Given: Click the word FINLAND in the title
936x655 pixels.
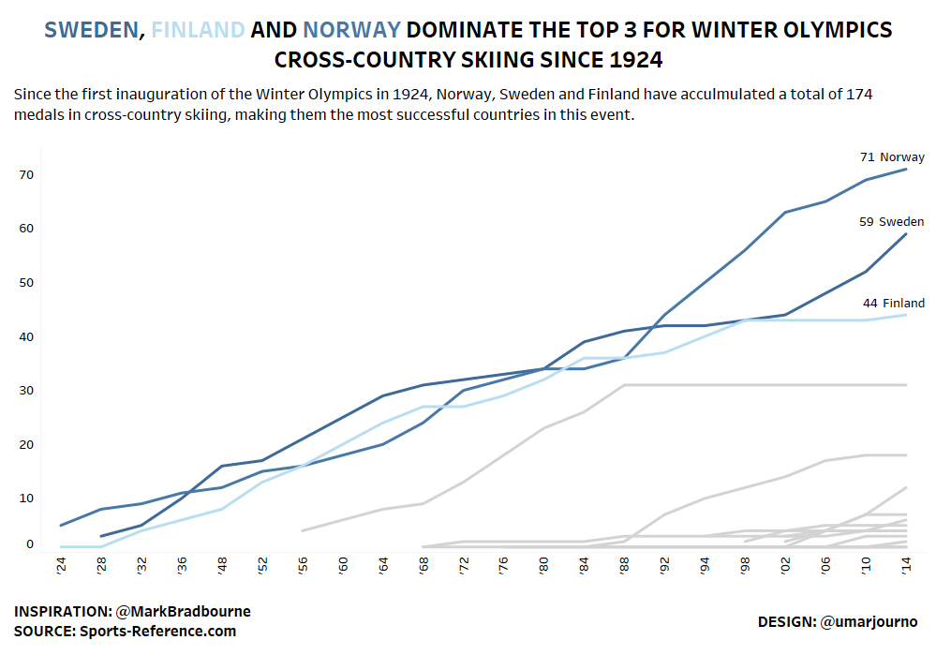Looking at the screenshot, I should click(198, 30).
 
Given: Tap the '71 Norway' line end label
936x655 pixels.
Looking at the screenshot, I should click(892, 157).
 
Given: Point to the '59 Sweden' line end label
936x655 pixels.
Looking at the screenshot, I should click(892, 222).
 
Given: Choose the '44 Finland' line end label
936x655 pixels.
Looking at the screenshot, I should click(894, 303).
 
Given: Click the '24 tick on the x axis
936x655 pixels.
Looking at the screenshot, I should click(61, 567).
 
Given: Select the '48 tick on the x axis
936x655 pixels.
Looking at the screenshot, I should click(222, 567).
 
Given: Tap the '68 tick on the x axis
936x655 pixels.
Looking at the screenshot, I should click(423, 567).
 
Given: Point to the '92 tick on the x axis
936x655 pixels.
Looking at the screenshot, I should click(665, 567).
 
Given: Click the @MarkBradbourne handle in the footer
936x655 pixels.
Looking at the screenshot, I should click(183, 612).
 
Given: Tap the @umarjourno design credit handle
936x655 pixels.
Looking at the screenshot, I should click(869, 621).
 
